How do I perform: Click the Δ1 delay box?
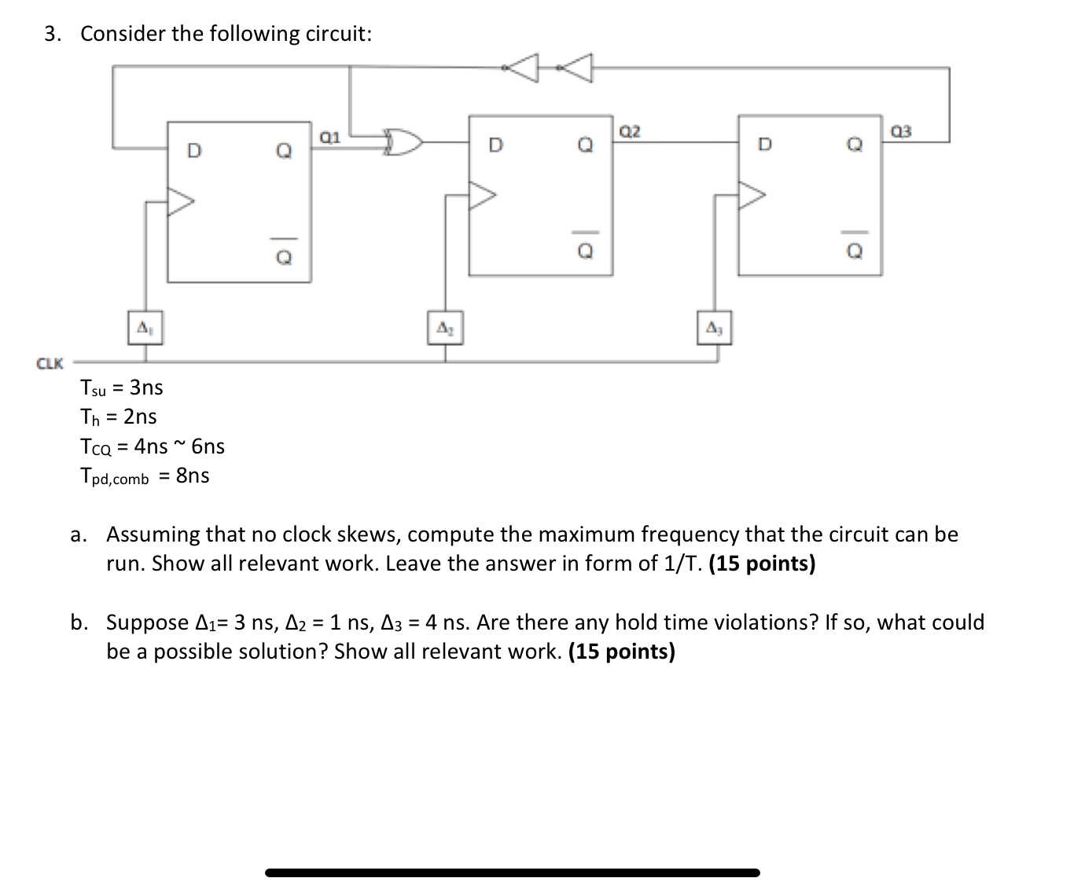tap(145, 326)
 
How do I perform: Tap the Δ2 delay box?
tap(445, 326)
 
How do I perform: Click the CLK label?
tap(50, 363)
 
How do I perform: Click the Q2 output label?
tap(631, 131)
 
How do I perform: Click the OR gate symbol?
tap(403, 143)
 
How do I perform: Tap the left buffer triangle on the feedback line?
tap(523, 68)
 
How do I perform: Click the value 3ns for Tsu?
tap(146, 388)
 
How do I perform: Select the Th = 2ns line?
tap(119, 417)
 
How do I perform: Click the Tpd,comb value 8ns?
tap(193, 476)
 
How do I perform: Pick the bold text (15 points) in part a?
tap(762, 564)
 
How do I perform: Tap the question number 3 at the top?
tap(51, 34)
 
